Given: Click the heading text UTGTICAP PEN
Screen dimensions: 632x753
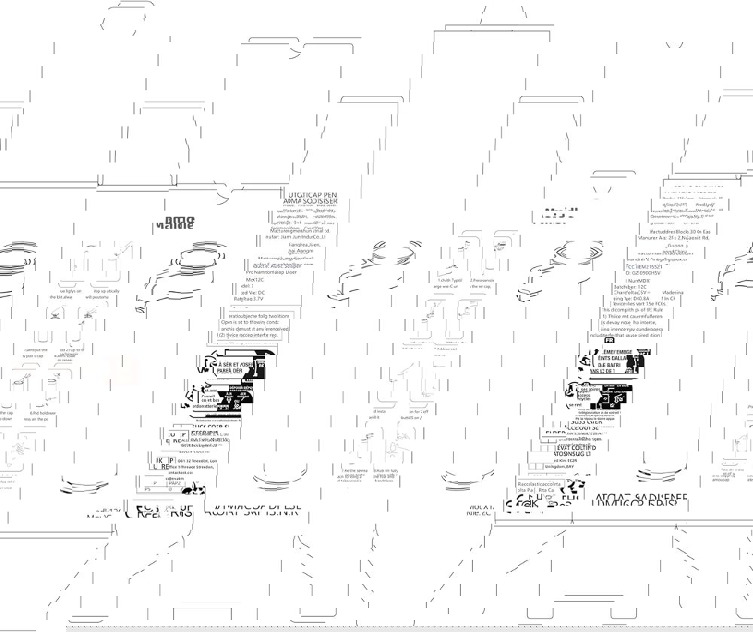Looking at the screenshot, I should tap(304, 193).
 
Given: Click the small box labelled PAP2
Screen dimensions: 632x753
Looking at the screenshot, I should tap(174, 483).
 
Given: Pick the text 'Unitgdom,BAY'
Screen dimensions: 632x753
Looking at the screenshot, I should tap(559, 466).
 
